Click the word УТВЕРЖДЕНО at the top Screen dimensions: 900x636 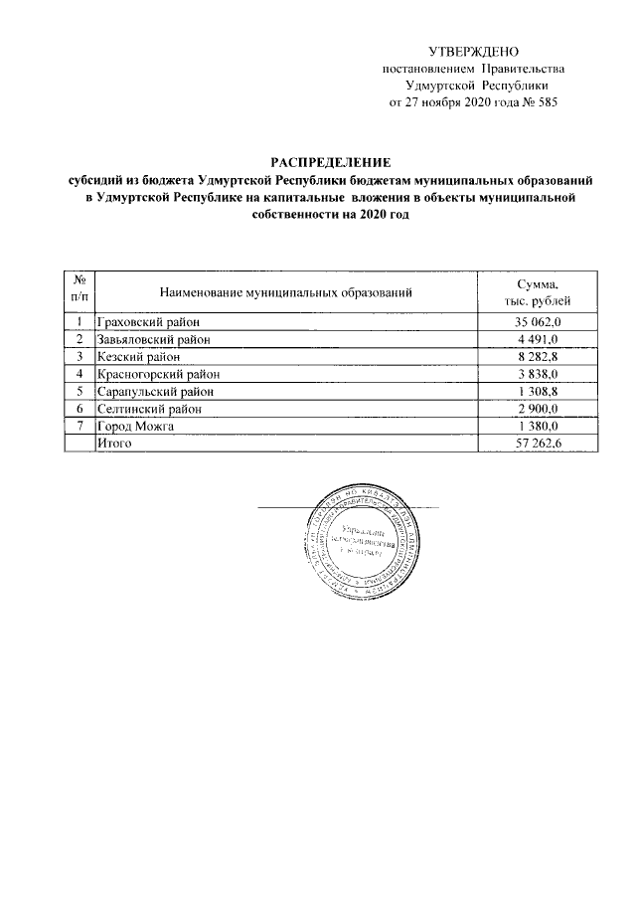(473, 51)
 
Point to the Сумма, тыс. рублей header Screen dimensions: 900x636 (538, 292)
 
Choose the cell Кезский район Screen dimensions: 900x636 (139, 356)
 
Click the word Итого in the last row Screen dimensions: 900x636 (115, 444)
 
